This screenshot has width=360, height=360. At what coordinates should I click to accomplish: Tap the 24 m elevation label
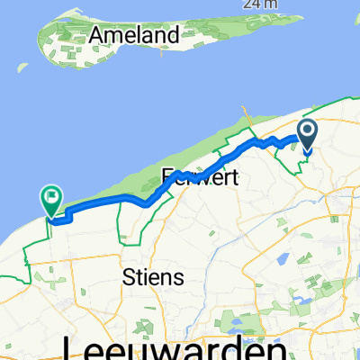(x=258, y=3)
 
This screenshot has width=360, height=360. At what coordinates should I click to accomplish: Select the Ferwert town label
(x=200, y=177)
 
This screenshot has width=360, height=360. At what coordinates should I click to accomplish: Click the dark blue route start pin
(x=307, y=136)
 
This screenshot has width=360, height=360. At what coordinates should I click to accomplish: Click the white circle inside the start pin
(x=307, y=133)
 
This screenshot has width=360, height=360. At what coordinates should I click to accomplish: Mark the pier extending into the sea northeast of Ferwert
(x=245, y=115)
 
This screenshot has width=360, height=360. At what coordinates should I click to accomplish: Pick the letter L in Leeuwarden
(x=72, y=347)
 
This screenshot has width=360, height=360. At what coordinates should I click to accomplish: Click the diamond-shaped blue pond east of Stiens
(x=279, y=260)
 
